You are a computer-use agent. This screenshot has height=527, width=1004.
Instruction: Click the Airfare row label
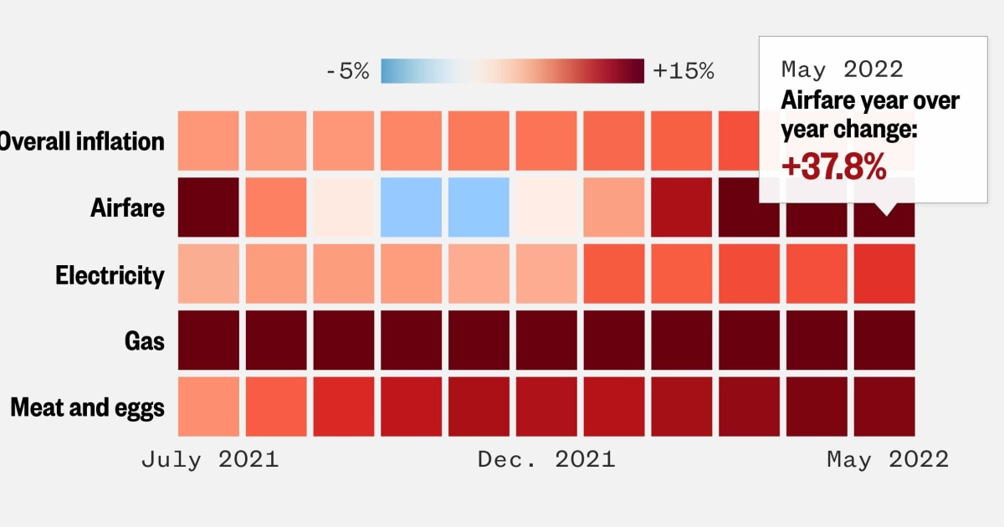(127, 208)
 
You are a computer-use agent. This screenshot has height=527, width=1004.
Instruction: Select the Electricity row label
(110, 275)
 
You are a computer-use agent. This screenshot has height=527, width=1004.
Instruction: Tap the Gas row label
(145, 341)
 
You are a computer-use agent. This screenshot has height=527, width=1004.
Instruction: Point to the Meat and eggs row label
(87, 407)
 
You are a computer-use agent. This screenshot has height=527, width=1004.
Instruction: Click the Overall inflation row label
(82, 141)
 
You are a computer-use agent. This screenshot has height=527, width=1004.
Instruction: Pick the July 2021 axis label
(209, 459)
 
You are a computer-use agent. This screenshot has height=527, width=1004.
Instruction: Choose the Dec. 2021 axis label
(546, 459)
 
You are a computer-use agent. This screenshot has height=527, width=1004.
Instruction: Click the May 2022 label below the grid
(888, 459)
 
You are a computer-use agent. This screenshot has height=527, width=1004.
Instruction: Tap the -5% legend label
(346, 72)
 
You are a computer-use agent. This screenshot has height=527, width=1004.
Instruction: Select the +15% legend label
(684, 72)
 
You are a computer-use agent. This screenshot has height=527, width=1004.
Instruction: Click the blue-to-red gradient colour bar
(512, 71)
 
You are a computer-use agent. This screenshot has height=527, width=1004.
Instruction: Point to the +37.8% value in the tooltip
(832, 167)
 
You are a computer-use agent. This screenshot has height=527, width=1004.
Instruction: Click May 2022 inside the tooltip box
(842, 69)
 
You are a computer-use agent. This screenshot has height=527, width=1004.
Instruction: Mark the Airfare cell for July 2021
(208, 207)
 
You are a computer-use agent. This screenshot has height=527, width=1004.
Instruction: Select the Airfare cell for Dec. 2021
(546, 207)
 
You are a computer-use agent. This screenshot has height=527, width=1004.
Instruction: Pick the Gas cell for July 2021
(208, 340)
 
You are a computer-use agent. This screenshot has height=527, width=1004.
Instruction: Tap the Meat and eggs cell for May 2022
(884, 407)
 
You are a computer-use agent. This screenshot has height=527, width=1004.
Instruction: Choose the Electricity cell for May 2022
(884, 274)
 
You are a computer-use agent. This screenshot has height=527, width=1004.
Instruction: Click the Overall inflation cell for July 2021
(208, 141)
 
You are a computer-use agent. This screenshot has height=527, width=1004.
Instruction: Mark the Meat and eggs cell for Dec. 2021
(546, 407)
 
